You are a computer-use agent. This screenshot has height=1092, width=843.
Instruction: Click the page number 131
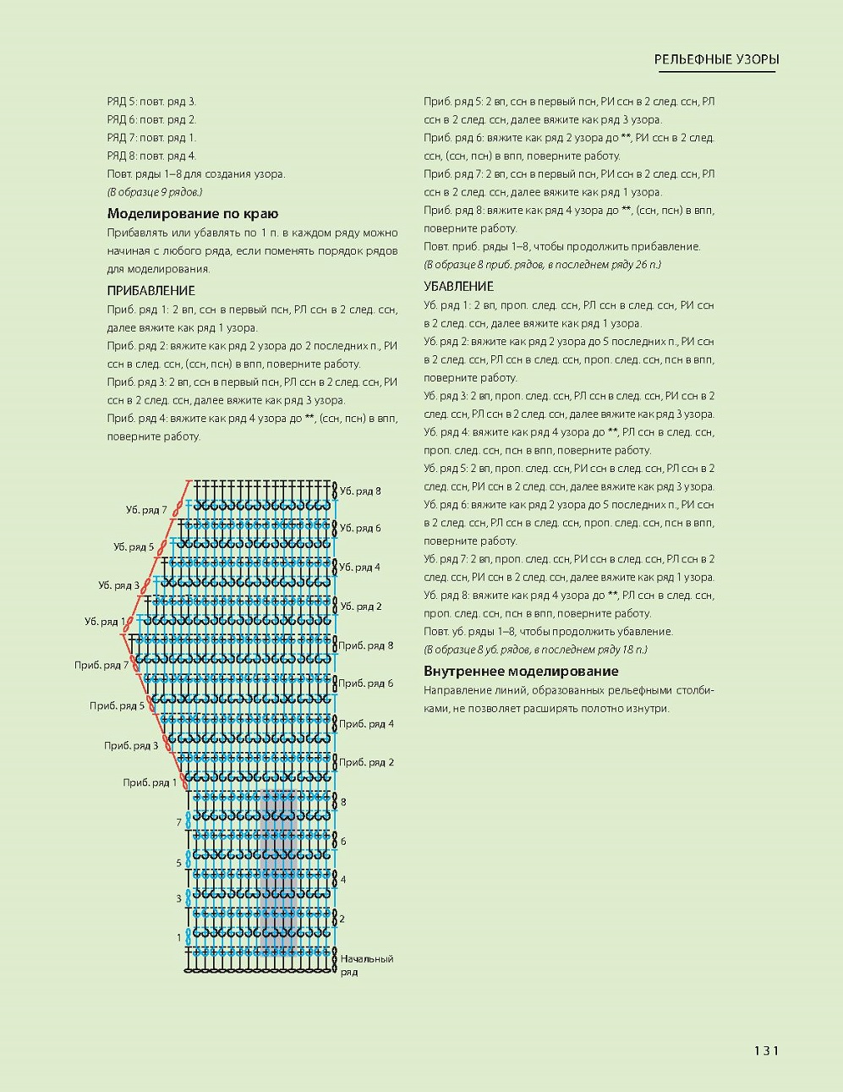pyautogui.click(x=765, y=1051)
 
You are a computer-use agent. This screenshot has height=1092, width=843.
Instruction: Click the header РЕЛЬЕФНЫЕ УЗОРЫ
pyautogui.click(x=716, y=59)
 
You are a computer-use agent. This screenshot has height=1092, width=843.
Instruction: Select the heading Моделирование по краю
pyautogui.click(x=193, y=214)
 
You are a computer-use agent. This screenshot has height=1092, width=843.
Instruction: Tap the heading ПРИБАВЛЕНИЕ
pyautogui.click(x=151, y=291)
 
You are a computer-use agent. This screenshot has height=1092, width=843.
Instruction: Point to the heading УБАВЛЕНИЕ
pyautogui.click(x=459, y=287)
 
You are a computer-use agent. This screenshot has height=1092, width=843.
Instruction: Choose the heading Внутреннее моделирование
pyautogui.click(x=521, y=672)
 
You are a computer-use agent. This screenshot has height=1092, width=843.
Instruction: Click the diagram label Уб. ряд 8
pyautogui.click(x=360, y=491)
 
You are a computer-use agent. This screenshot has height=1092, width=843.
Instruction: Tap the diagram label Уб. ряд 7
pyautogui.click(x=146, y=510)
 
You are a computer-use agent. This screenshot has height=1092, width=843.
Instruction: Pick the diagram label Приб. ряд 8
pyautogui.click(x=366, y=645)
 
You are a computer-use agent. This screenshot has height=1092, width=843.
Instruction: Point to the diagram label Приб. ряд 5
pyautogui.click(x=118, y=705)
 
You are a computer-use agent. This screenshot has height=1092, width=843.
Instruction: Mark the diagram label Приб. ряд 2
pyautogui.click(x=366, y=762)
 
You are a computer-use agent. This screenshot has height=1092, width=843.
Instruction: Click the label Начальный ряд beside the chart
pyautogui.click(x=366, y=965)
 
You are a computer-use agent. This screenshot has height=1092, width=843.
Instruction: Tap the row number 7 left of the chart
pyautogui.click(x=178, y=822)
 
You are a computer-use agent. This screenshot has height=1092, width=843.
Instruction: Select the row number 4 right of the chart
pyautogui.click(x=342, y=880)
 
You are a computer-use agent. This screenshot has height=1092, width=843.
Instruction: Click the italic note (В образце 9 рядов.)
pyautogui.click(x=155, y=192)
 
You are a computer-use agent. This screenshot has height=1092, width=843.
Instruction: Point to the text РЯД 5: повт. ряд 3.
pyautogui.click(x=151, y=102)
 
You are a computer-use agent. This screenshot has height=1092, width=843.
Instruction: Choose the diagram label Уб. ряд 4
pyautogui.click(x=360, y=567)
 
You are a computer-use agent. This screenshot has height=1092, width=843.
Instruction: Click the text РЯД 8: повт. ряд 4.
pyautogui.click(x=151, y=156)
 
